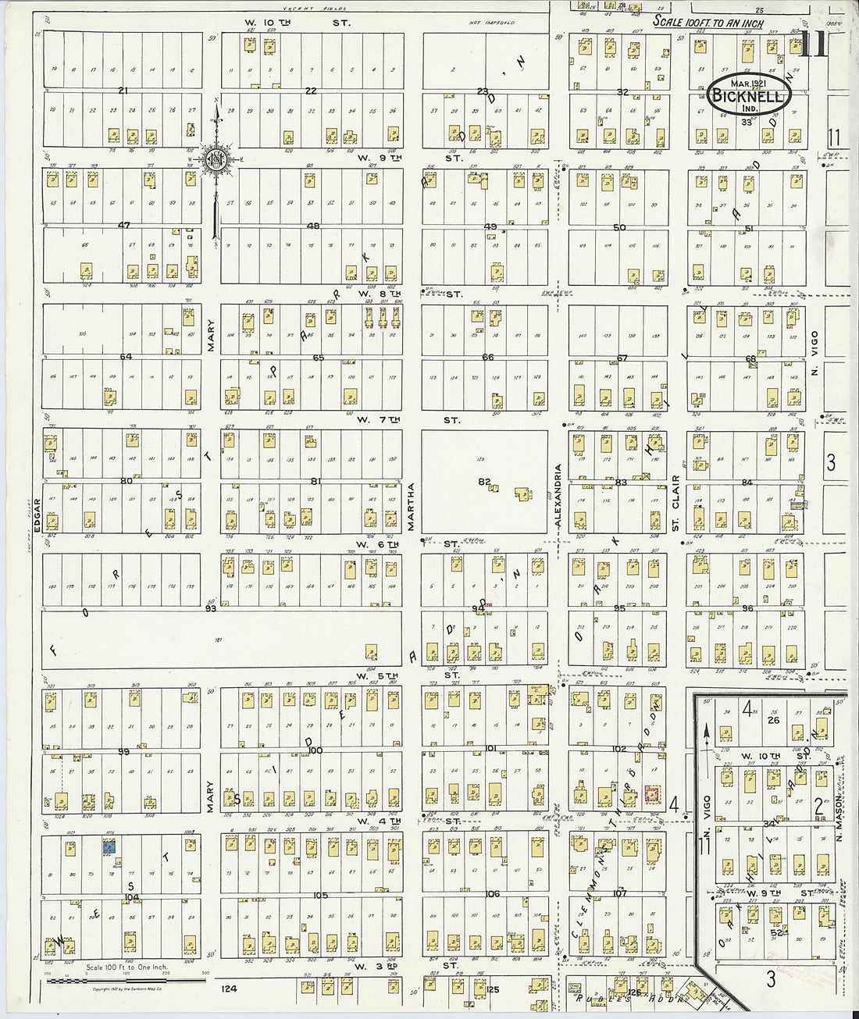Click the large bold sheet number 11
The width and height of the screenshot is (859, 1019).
coord(814,46)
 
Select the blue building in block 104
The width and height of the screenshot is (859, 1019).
coord(111,846)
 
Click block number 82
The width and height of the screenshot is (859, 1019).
coord(484,482)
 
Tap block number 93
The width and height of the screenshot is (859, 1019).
coord(210,607)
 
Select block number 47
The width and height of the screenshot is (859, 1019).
coord(123,225)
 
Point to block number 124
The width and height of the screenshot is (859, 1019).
coord(229,989)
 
